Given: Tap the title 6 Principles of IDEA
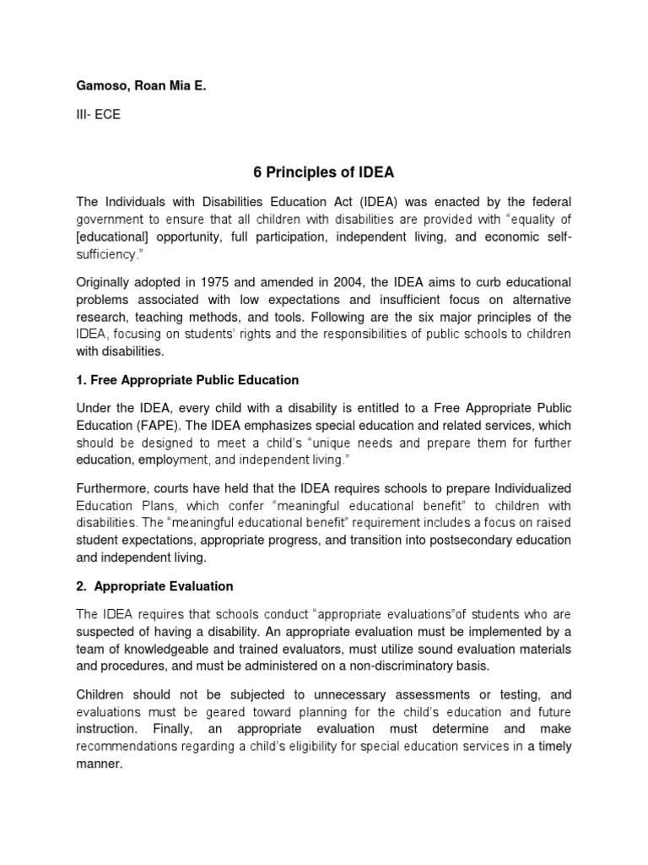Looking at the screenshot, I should [324, 172].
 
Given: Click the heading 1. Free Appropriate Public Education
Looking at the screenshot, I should [188, 380].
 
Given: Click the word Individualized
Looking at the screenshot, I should [527, 489].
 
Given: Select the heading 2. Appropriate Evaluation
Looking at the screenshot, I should [155, 585].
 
